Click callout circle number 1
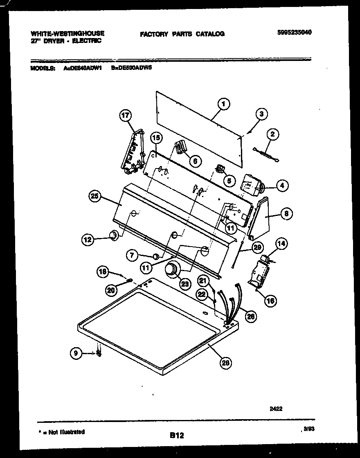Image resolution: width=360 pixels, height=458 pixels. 223,104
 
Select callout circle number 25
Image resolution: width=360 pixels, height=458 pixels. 95,197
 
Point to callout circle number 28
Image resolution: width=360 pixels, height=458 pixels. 224,361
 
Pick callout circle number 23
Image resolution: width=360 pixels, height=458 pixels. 185,284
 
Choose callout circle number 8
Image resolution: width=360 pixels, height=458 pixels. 286,213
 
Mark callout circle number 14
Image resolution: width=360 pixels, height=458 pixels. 281,244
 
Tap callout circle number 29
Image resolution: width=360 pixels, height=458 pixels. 257,247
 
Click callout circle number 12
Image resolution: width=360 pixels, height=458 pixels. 87,240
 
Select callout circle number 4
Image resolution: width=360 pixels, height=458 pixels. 281,186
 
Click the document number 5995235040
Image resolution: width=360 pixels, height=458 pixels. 294,33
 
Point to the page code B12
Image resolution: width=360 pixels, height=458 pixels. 177,436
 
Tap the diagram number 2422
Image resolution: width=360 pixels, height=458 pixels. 276,408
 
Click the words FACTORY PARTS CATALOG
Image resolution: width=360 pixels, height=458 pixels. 182,34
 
